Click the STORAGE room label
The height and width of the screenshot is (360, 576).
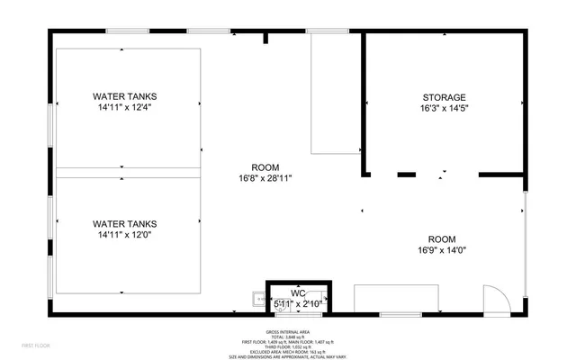point(445,97)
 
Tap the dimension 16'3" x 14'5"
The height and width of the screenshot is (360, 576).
point(445,108)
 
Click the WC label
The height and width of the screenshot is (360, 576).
point(298,293)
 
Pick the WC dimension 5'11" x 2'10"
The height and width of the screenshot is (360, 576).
point(298,305)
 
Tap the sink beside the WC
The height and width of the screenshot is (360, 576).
point(258,301)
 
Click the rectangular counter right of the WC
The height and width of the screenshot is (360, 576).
point(396,298)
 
